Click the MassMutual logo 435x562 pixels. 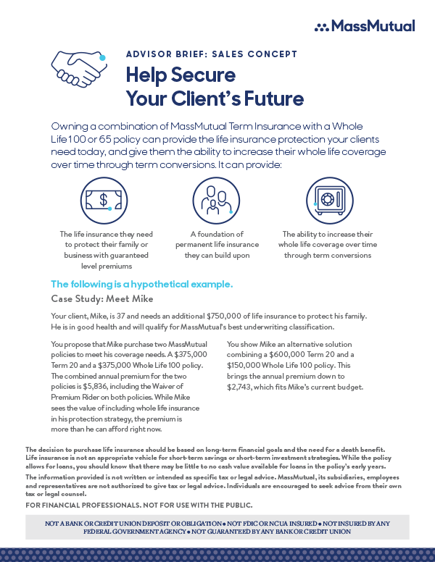click(x=365, y=26)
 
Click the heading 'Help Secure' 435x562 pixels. click(x=181, y=75)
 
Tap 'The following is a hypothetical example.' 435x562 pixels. click(x=141, y=284)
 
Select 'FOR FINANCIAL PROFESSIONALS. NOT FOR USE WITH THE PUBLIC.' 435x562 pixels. click(x=138, y=505)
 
